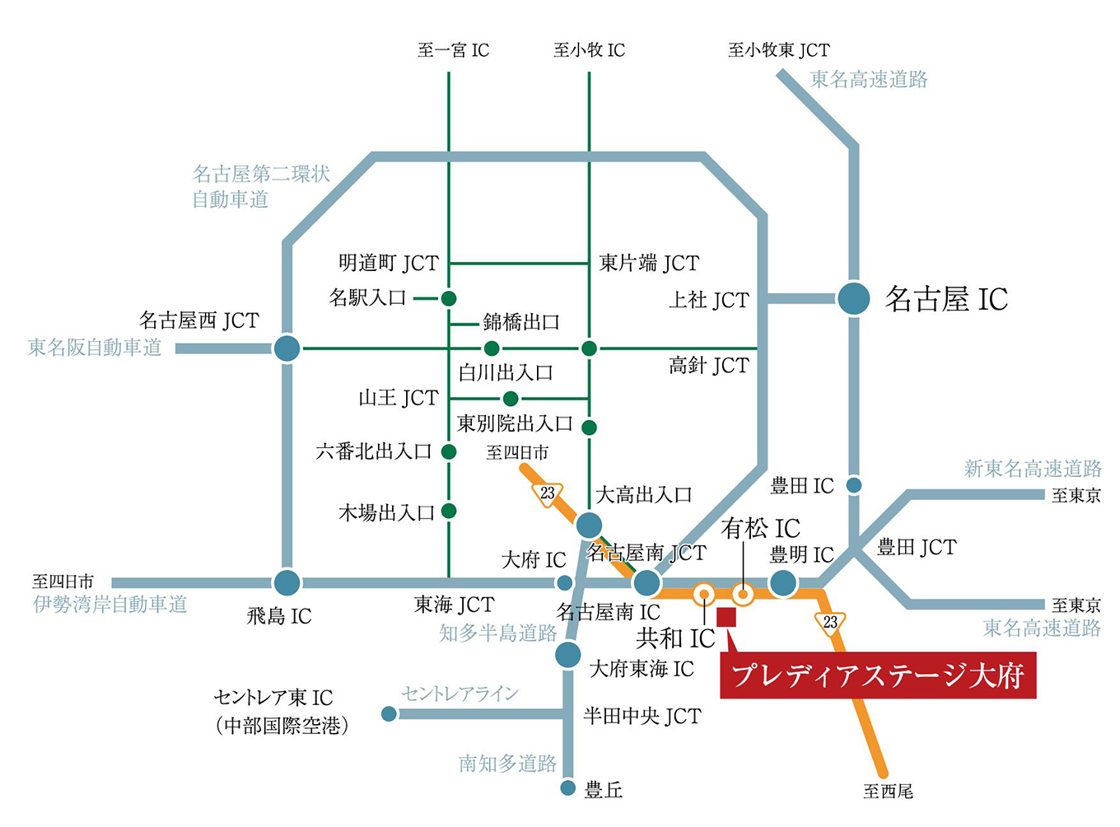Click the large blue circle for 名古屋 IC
click(x=854, y=298)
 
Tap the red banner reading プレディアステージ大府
click(x=878, y=675)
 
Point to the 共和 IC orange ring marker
click(x=704, y=593)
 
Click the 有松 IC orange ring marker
click(x=743, y=593)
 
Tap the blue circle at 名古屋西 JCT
click(x=287, y=348)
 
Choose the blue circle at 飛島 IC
click(x=287, y=583)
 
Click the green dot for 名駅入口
click(x=449, y=298)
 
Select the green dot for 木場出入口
click(x=449, y=512)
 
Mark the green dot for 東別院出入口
click(x=589, y=428)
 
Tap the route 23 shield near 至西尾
click(x=830, y=623)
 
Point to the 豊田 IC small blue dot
click(x=854, y=486)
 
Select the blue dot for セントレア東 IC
click(x=390, y=714)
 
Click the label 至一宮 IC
click(x=453, y=51)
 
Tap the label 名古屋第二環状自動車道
click(x=260, y=186)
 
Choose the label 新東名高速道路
click(x=1033, y=469)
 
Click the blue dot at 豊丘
click(x=568, y=788)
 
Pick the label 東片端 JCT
click(x=649, y=264)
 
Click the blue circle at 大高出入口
click(x=589, y=526)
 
